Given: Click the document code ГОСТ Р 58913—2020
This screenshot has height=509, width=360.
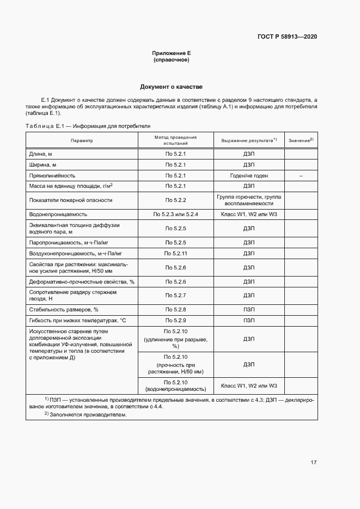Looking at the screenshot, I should [286, 36].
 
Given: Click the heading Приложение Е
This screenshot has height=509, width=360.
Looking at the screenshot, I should [171, 53].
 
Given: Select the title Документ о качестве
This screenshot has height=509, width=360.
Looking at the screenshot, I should [171, 87].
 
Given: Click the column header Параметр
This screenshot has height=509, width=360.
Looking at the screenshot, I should [82, 140].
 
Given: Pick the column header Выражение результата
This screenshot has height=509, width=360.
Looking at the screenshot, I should [249, 140].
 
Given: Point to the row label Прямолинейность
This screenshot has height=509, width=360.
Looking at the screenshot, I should [52, 176].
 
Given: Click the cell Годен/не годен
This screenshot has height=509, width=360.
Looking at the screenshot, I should [249, 176].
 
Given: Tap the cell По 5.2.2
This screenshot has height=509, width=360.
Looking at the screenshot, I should [175, 200].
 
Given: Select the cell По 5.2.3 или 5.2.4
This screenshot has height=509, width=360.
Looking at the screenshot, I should [175, 214].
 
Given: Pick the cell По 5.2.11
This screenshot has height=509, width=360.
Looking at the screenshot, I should [175, 254].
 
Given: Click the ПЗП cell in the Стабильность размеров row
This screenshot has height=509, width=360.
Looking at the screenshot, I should [249, 309].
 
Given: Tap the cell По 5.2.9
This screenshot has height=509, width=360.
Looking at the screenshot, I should [175, 320].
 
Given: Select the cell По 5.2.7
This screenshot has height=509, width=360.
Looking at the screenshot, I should [175, 295].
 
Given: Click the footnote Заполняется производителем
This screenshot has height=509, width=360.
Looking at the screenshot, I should [87, 414].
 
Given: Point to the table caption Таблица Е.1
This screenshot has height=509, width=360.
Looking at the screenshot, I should [87, 126].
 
